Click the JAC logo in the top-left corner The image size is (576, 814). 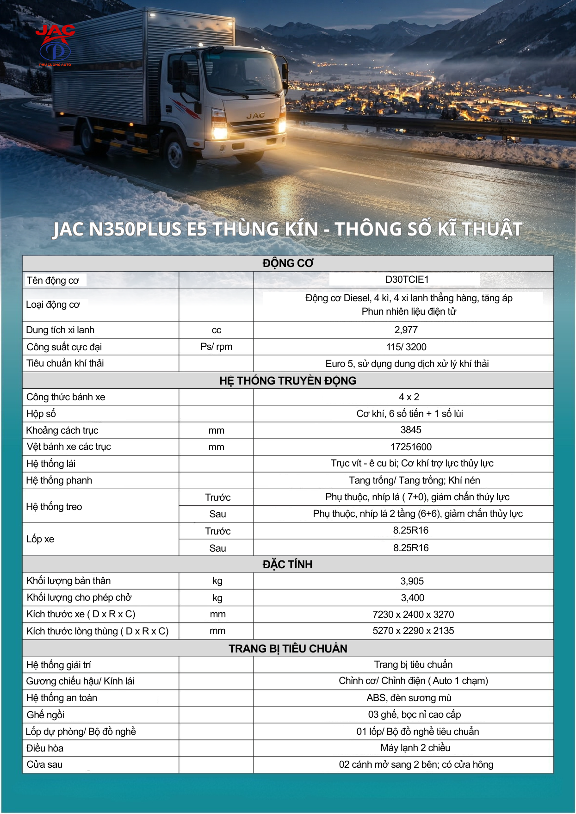pos(56,44)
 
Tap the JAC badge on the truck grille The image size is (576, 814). pos(255,115)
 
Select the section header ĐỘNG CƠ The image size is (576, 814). pos(288,263)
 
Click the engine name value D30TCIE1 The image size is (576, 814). pos(407,280)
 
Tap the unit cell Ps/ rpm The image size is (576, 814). pos(216,347)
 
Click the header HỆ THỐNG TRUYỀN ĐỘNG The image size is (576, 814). pos(288,380)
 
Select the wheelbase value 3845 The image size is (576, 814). pos(410,430)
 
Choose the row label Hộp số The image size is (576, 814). pos(41,414)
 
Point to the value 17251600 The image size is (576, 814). pos(411,447)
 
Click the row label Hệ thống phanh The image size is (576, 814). pos(59,480)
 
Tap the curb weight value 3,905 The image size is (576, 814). pos(412,581)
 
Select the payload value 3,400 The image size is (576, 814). pos(412,598)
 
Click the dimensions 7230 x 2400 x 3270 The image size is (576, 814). pos(413,615)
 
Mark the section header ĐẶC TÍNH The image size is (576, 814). pos(287,565)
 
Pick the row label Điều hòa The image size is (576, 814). pos(45,748)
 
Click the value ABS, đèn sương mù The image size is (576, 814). pos(409,698)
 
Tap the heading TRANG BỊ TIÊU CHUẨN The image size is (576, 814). pos(288,648)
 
